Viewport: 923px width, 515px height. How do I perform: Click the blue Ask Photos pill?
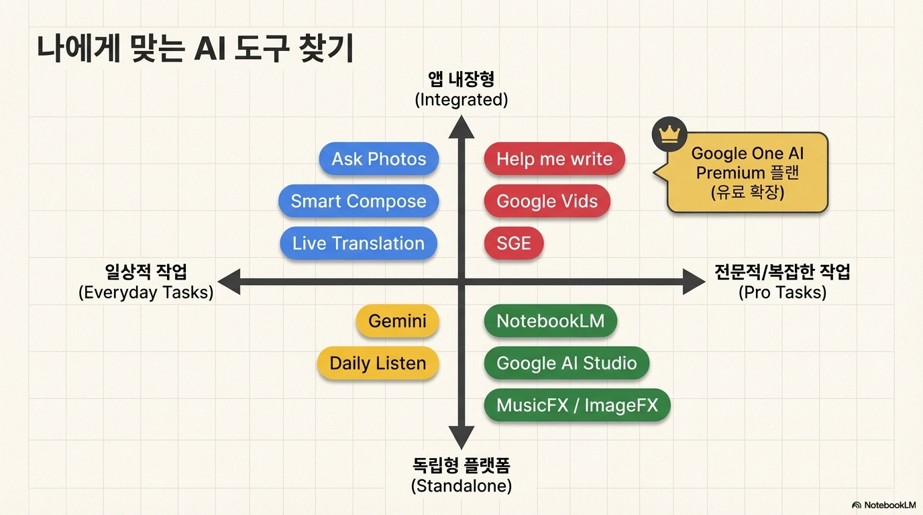[379, 159]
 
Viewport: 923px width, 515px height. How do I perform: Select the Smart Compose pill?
[358, 201]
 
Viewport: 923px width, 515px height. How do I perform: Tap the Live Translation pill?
[358, 243]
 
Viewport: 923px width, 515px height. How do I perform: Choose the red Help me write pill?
[554, 159]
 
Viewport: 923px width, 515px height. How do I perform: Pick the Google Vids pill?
[547, 201]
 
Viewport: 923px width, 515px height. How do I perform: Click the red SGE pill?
[514, 243]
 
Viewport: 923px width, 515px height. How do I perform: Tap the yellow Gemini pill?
[397, 321]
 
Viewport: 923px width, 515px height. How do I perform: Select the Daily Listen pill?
[378, 363]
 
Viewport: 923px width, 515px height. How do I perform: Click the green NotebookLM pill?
[551, 321]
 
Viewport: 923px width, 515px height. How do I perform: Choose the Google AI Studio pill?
[567, 363]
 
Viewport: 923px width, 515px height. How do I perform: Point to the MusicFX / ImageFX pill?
[578, 405]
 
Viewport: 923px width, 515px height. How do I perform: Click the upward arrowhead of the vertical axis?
[461, 127]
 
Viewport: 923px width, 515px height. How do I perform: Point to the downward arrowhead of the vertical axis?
[461, 437]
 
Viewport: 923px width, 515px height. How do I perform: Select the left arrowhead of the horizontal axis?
[229, 282]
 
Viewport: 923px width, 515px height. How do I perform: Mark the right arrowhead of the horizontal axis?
[694, 282]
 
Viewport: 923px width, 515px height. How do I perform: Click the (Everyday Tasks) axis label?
[146, 292]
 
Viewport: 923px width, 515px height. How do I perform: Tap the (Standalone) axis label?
[461, 486]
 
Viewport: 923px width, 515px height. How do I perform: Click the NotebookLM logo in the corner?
[883, 505]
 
